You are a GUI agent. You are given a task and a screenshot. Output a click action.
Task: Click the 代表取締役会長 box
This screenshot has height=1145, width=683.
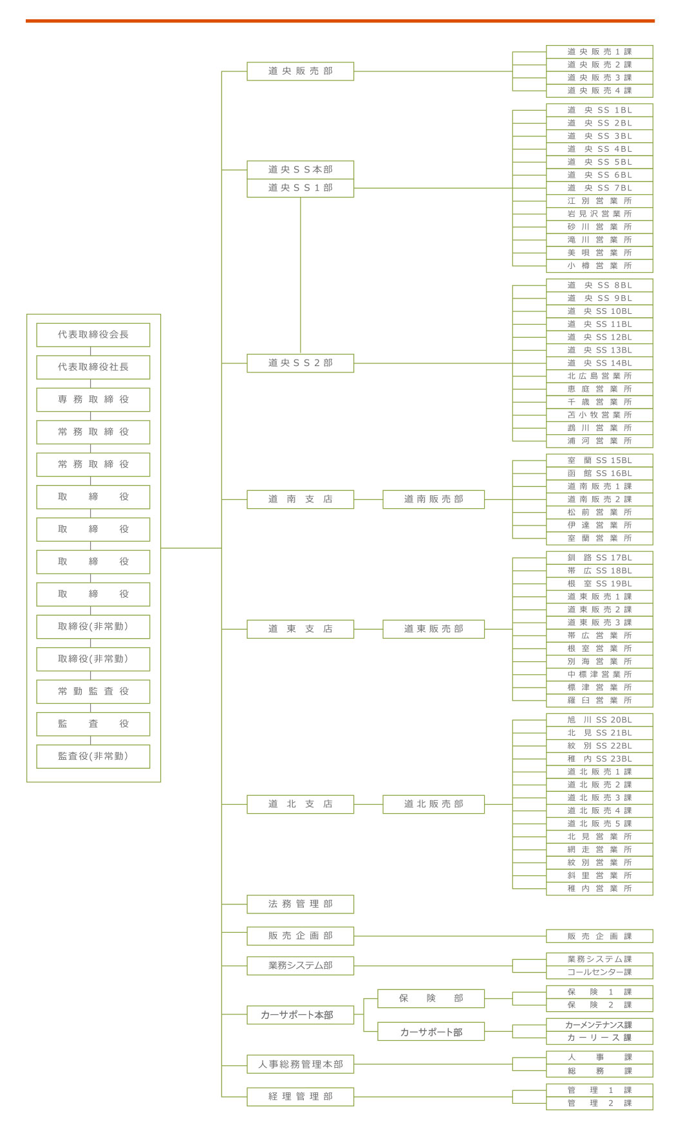tap(93, 334)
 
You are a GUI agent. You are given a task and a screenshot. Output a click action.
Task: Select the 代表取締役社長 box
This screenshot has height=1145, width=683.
tap(93, 367)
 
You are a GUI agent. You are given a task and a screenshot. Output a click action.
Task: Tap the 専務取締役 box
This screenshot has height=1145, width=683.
tap(93, 399)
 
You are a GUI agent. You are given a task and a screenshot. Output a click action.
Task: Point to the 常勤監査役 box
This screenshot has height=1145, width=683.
tap(93, 692)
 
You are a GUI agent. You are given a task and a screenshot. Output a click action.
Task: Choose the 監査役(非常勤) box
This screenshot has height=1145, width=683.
tap(93, 756)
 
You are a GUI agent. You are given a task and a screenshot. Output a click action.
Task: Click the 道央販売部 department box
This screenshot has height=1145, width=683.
tap(300, 71)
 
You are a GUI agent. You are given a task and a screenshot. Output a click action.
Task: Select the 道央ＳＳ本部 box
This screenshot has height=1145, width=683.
tap(300, 170)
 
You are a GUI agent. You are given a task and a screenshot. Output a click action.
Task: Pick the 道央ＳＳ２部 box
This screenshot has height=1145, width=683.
tap(300, 363)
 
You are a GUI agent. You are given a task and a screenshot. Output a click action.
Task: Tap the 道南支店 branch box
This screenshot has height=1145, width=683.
tap(300, 499)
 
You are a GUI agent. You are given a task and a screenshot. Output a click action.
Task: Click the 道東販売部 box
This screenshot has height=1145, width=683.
tap(433, 629)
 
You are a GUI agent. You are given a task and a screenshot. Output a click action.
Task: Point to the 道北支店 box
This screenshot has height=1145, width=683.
tap(300, 804)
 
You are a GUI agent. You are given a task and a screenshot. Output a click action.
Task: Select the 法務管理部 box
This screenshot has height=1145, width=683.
tap(300, 904)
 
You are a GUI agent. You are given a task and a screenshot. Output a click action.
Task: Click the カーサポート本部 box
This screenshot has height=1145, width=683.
tap(300, 1015)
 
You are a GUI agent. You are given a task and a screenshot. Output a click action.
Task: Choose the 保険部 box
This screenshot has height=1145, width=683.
tap(431, 998)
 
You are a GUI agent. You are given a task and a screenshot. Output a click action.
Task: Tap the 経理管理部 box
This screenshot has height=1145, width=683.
tap(300, 1097)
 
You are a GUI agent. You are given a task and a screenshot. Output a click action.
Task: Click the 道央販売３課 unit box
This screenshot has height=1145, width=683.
tap(599, 78)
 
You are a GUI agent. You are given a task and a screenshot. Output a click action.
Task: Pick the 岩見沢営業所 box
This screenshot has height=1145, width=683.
tap(599, 214)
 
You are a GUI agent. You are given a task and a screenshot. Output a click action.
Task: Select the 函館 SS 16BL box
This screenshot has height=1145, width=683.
tap(599, 473)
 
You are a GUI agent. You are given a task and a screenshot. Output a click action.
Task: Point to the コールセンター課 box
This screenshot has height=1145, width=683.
tap(599, 973)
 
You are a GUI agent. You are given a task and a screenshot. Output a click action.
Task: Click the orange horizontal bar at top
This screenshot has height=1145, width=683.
tap(340, 21)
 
